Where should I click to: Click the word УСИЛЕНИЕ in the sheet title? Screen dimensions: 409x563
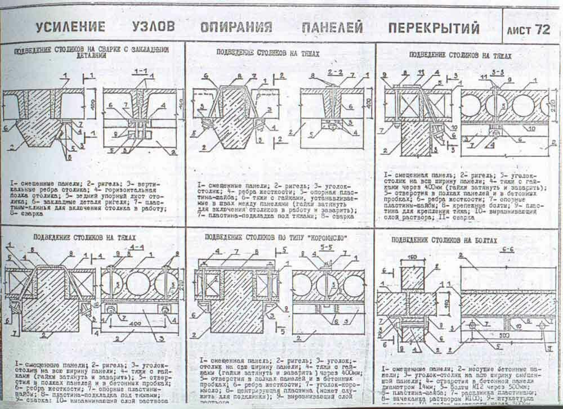[70, 26]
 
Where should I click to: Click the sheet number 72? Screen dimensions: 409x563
[542, 29]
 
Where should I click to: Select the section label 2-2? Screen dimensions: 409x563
[335, 73]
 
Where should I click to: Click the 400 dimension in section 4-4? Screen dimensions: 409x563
[135, 326]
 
